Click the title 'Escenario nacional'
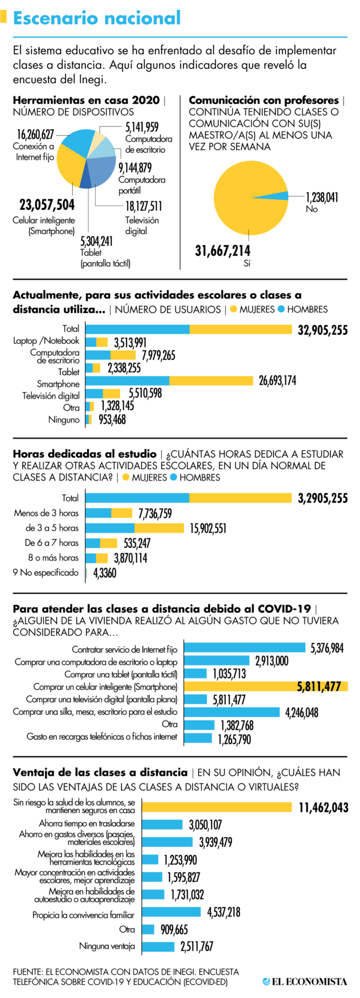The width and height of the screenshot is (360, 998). pyautogui.click(x=97, y=18)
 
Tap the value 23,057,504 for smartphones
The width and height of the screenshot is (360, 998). pyautogui.click(x=47, y=205)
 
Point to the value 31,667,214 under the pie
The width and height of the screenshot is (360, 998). pyautogui.click(x=223, y=251)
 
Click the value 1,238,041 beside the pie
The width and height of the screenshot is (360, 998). pyautogui.click(x=322, y=197)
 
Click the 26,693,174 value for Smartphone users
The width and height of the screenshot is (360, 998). pyautogui.click(x=277, y=381)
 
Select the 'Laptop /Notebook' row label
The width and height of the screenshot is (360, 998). pyautogui.click(x=46, y=341)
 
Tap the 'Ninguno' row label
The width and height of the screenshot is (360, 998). pyautogui.click(x=64, y=419)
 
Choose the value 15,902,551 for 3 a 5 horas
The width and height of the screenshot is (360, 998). pyautogui.click(x=208, y=528)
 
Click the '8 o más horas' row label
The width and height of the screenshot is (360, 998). pyautogui.click(x=53, y=558)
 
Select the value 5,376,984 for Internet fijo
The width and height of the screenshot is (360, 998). pyautogui.click(x=327, y=648)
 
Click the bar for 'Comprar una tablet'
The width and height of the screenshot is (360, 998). pyautogui.click(x=196, y=673)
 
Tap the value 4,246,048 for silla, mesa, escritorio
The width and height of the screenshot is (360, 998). pyautogui.click(x=302, y=712)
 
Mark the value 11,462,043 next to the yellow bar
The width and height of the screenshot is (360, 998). pyautogui.click(x=324, y=807)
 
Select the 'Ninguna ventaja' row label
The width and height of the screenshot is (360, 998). pyautogui.click(x=107, y=946)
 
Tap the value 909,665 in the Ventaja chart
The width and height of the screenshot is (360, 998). pyautogui.click(x=174, y=929)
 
